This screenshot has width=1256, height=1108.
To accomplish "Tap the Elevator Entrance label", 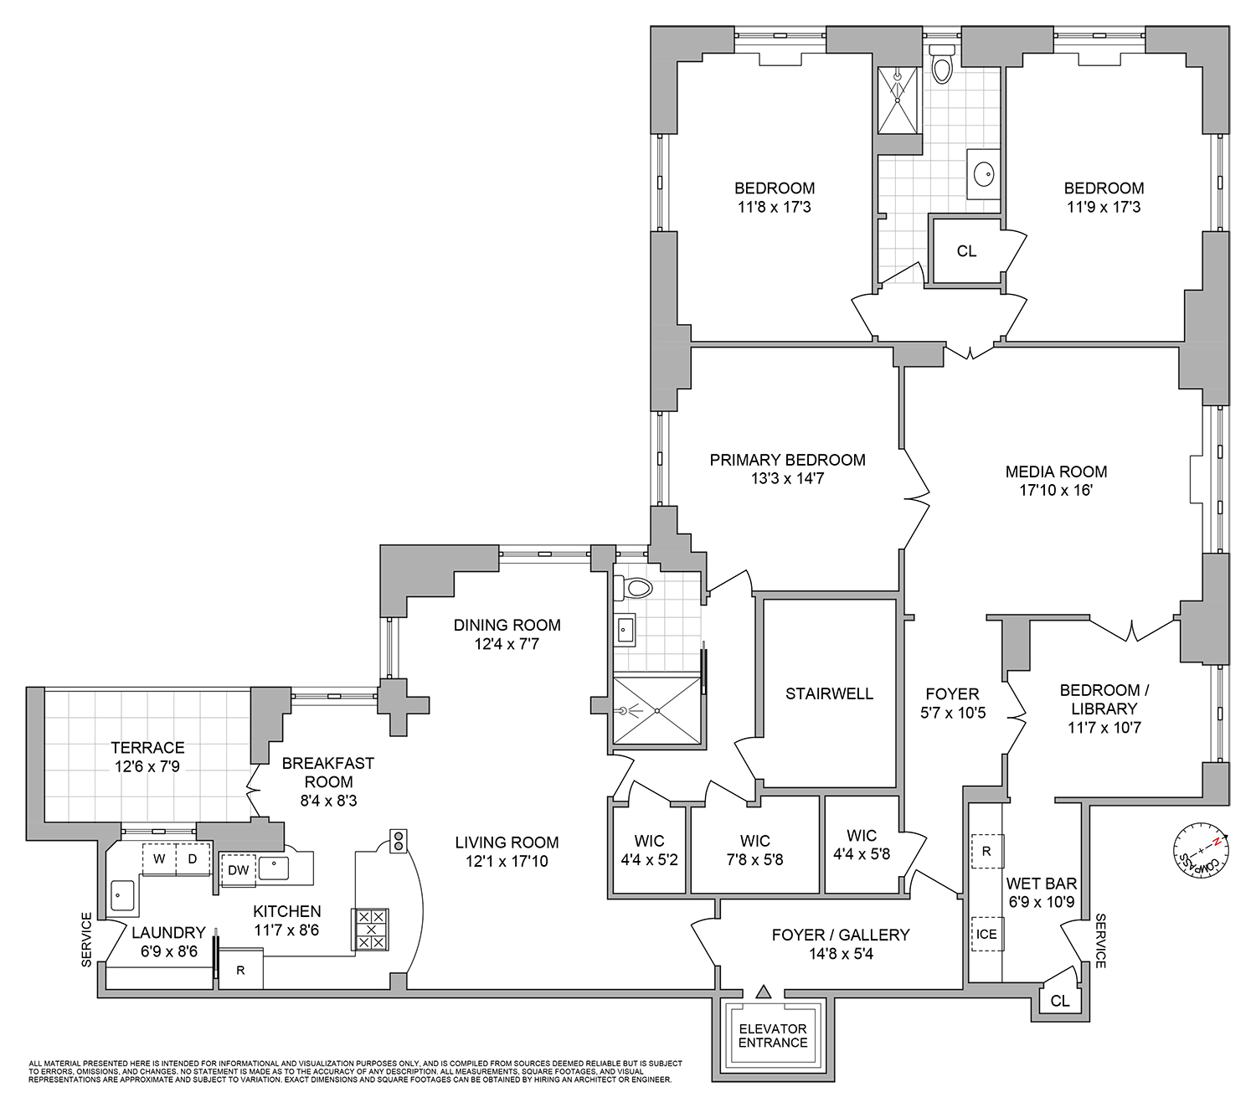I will (x=773, y=1036).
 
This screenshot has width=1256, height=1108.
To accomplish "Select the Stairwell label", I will (x=829, y=693).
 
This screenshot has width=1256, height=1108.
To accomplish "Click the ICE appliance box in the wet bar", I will (x=986, y=934).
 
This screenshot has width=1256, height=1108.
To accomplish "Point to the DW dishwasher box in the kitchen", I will (x=238, y=870).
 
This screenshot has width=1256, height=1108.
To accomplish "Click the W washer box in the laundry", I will (x=158, y=859).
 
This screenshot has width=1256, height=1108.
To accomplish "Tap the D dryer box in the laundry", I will (x=193, y=859).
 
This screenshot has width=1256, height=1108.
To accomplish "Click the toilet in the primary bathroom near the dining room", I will (x=634, y=588).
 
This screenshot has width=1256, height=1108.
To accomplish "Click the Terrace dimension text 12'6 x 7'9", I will (x=147, y=765).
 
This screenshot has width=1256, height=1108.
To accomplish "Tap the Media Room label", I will (x=1056, y=472).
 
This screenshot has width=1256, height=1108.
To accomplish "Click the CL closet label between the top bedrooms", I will (x=966, y=251).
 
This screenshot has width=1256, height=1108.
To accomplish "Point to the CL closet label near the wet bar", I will (x=1059, y=1001).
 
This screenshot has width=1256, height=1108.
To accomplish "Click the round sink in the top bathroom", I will (x=984, y=175).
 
